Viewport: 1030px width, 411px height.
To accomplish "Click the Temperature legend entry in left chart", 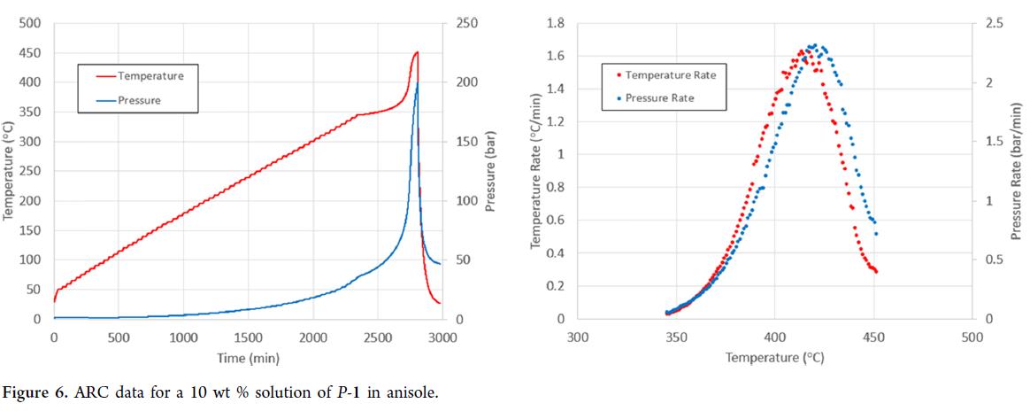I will click(x=150, y=76).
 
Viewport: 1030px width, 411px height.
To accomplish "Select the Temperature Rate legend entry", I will click(x=670, y=75).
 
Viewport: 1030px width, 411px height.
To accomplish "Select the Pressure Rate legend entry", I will click(x=659, y=97).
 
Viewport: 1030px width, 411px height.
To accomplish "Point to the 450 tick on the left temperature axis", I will click(x=32, y=53).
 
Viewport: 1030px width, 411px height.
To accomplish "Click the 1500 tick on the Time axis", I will click(x=248, y=337).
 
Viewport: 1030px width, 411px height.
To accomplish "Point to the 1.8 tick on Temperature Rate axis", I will click(x=556, y=24).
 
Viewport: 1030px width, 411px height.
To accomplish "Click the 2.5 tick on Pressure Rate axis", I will click(x=995, y=24).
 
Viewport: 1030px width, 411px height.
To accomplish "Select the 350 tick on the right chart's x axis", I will click(x=676, y=337).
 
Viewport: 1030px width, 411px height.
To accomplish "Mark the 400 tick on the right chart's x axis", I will click(x=774, y=337).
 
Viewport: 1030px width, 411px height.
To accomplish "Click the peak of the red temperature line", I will click(x=417, y=52).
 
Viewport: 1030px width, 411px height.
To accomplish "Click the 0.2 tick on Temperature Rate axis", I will click(x=556, y=286).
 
